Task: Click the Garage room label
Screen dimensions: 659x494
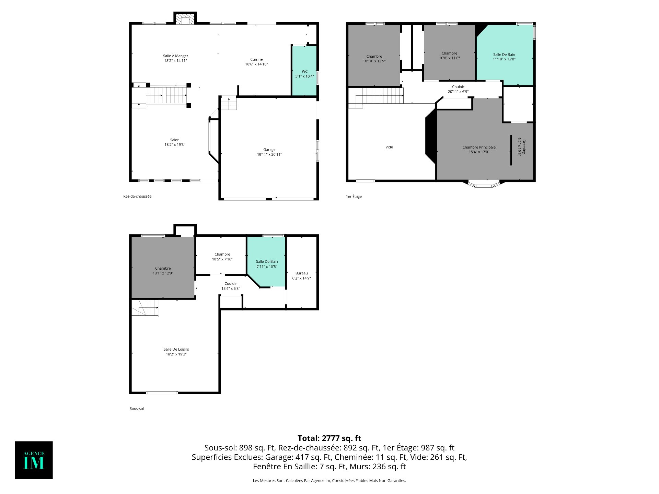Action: click(269, 150)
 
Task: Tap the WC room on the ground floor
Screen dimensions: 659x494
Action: click(304, 71)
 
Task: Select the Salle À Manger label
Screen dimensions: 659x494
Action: click(175, 56)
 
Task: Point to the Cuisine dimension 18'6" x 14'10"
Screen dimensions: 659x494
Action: click(256, 64)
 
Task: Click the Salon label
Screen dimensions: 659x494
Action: click(175, 140)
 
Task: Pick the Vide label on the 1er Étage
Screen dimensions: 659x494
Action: click(389, 147)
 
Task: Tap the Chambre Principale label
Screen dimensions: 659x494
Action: click(479, 147)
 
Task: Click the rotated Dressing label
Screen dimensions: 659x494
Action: click(524, 147)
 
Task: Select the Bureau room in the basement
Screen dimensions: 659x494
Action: click(301, 273)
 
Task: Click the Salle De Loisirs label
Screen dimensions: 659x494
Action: click(176, 349)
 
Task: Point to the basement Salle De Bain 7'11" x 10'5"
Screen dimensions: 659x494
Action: click(267, 264)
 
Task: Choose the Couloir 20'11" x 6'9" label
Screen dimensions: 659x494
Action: click(458, 89)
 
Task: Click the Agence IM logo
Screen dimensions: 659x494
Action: click(34, 460)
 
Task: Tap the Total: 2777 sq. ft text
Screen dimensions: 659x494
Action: click(329, 438)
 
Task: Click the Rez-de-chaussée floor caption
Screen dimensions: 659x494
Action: click(137, 196)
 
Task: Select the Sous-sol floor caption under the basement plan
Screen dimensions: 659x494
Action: click(137, 409)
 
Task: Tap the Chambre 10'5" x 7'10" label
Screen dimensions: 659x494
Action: click(222, 257)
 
